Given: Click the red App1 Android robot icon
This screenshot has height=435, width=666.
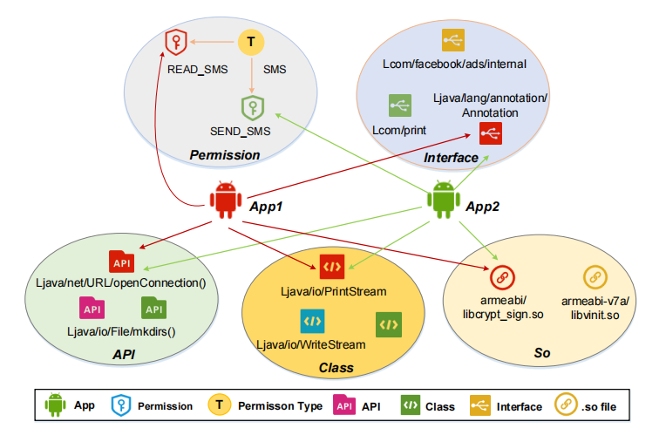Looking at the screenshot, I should click(227, 201).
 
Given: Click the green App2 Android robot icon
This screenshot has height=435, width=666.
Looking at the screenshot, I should click(443, 201).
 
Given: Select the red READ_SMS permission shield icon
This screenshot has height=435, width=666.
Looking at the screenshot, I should click(177, 41).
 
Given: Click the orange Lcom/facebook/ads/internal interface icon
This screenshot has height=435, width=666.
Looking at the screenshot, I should click(453, 40).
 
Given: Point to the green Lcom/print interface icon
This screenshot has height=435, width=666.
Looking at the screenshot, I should click(400, 105).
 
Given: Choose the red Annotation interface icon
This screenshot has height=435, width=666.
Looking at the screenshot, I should click(490, 133).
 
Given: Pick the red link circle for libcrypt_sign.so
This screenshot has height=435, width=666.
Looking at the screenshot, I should click(501, 277).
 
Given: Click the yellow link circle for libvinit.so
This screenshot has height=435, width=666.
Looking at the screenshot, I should click(595, 277).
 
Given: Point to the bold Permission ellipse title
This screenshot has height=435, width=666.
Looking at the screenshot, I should click(225, 155).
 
